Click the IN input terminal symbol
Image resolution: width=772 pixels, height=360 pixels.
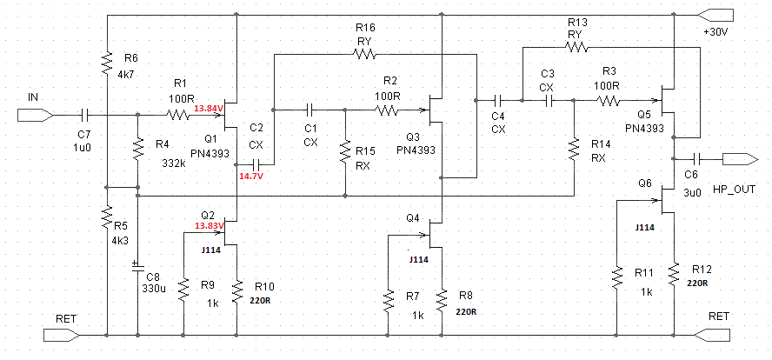pos(35,116)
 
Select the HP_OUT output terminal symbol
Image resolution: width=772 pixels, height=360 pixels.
pos(740,159)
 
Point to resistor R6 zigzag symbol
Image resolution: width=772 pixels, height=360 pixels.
pos(107,63)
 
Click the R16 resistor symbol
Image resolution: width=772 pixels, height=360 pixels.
pos(363,54)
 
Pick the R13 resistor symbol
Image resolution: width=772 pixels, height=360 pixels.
pos(576,47)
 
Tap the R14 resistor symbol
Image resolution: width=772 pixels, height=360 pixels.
pos(574,150)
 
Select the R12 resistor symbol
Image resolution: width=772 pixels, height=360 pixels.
pos(673,276)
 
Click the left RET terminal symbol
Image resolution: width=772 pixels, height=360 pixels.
pos(62,336)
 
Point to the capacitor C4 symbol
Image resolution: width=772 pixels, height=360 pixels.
pos(498,101)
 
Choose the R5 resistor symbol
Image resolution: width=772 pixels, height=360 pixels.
pos(107,217)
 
